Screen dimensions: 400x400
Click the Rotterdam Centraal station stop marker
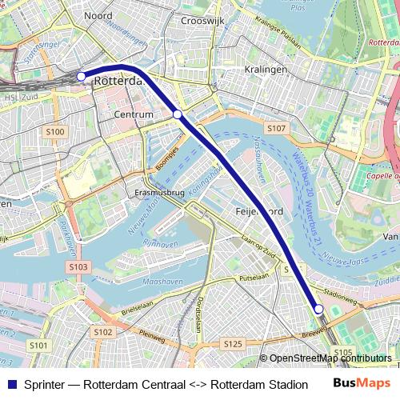coord(82,76)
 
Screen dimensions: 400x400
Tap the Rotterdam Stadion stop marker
coord(318,310)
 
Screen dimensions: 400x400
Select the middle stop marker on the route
coord(178,115)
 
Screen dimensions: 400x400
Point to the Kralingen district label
coord(267,70)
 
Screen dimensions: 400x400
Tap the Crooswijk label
coord(200,21)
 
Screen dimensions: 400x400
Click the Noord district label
coord(98,15)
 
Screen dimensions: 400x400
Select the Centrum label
coord(134,115)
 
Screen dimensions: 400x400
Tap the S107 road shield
coord(276,128)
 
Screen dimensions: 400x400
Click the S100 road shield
coord(55,130)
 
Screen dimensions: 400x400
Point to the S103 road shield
coord(78,266)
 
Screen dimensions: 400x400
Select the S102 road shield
coord(102,331)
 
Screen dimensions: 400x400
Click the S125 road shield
coord(232,344)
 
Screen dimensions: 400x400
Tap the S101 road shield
coord(38,346)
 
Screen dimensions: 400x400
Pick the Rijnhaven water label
coord(161,243)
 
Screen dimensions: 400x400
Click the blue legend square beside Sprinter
coord(11,384)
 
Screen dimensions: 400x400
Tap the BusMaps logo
coord(361,383)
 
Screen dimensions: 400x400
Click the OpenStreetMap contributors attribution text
coord(326,358)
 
